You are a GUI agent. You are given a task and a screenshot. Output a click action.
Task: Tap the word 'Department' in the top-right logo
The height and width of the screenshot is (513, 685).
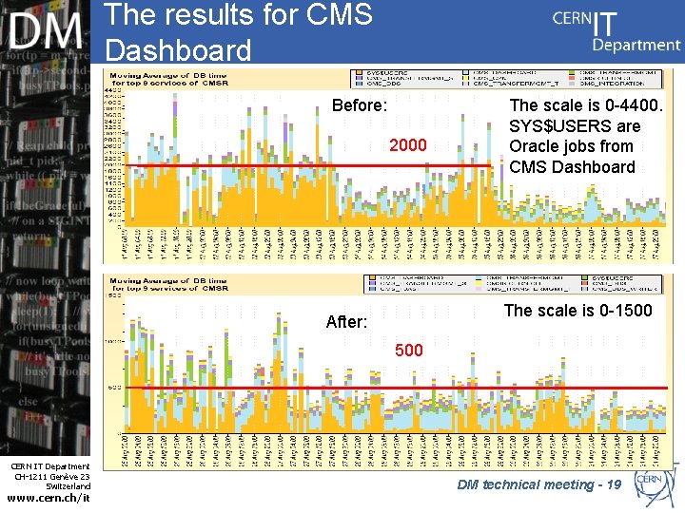(636, 44)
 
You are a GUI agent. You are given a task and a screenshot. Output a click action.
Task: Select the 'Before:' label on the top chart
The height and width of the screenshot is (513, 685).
(359, 105)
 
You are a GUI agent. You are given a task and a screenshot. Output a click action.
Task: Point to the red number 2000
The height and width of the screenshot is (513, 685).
(408, 145)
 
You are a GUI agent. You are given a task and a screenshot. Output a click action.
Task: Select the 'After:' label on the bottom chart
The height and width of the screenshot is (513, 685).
(346, 322)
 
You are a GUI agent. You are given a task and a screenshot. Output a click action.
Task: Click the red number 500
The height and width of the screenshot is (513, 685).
(408, 351)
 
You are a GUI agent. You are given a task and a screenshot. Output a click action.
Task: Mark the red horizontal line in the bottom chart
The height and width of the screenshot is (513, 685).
(400, 388)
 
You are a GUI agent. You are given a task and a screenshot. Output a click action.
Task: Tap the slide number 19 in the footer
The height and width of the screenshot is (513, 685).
(613, 484)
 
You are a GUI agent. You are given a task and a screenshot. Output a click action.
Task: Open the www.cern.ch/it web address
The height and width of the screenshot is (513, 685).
(47, 496)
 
